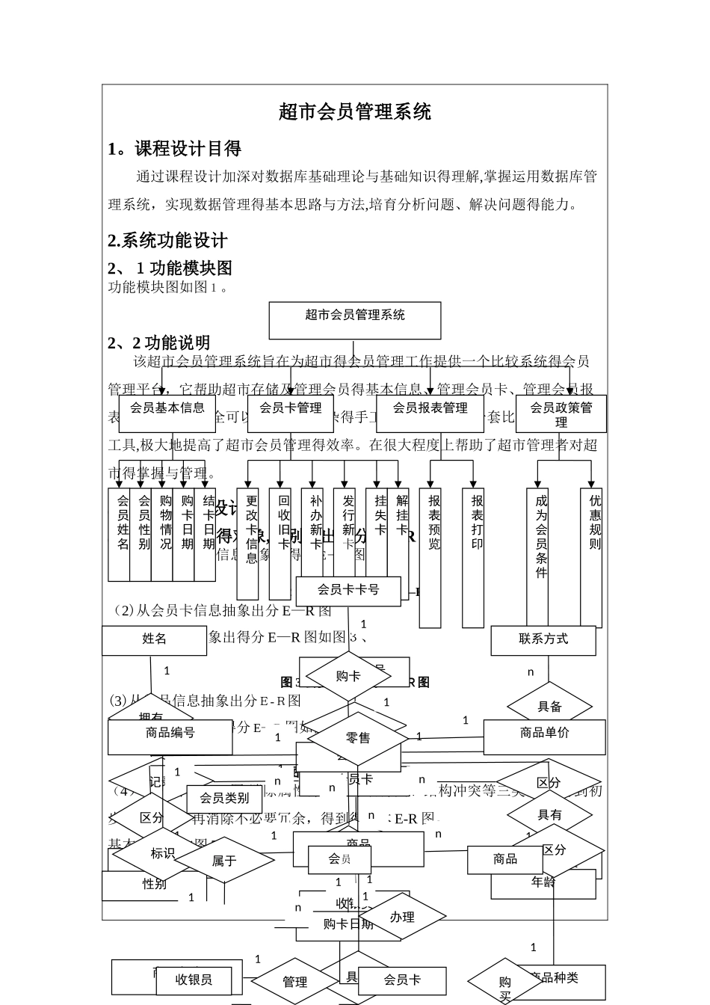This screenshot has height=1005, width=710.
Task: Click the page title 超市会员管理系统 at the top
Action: coord(355,113)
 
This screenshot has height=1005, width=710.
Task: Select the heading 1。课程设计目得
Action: coord(174,149)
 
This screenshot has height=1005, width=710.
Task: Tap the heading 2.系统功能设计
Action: coord(167,241)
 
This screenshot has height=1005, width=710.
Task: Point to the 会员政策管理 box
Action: coord(561,414)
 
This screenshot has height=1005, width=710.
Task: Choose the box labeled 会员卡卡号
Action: coord(348,590)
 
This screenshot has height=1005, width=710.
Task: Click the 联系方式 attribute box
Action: coord(543,639)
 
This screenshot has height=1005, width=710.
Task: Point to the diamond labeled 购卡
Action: coord(348,677)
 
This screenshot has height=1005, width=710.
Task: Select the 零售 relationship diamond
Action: coord(358,738)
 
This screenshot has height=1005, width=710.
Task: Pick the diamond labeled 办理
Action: coord(402,917)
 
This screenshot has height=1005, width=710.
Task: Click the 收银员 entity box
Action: coord(194,980)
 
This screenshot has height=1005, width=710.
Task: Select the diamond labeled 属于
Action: coord(223,861)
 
